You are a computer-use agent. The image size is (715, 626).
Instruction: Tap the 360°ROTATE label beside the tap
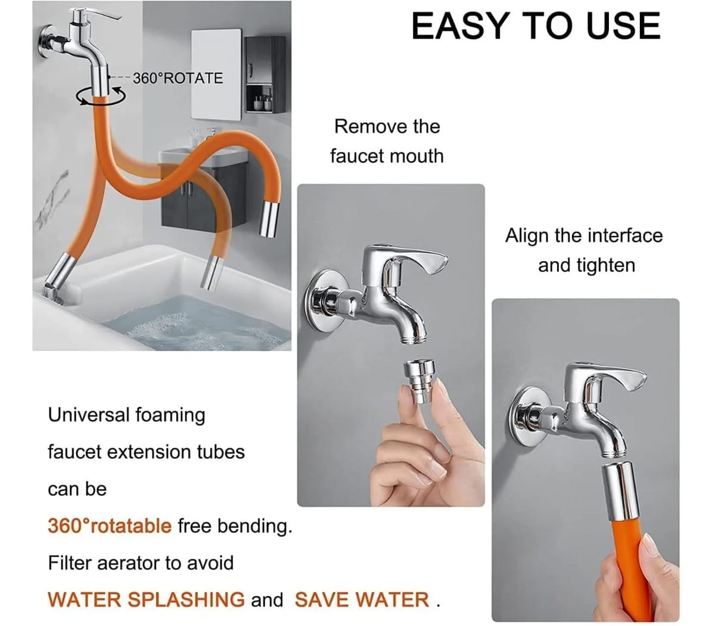pyautogui.click(x=178, y=78)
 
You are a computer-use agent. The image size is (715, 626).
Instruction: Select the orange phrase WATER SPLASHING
pyautogui.click(x=146, y=599)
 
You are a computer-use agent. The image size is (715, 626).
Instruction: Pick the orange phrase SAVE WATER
pyautogui.click(x=362, y=599)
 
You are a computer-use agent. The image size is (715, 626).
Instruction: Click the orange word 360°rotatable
pyautogui.click(x=110, y=526)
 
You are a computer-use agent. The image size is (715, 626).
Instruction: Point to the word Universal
pyautogui.click(x=89, y=415)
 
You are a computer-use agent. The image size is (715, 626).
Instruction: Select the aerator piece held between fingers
pyautogui.click(x=419, y=382)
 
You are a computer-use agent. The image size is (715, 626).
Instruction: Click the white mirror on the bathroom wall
pyautogui.click(x=216, y=75)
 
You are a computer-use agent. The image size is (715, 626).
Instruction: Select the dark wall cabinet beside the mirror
pyautogui.click(x=265, y=74)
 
